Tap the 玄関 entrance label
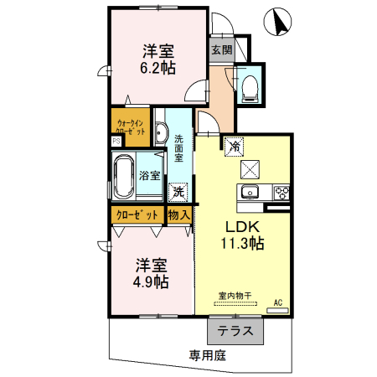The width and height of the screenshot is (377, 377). point(222,49)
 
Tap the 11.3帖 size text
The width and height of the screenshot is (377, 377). point(244,245)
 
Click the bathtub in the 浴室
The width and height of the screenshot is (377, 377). point(124,178)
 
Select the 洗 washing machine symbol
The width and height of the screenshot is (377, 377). point(178,192)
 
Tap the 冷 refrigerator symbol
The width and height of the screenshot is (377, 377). point(235,144)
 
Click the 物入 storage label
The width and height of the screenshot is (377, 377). point(179,214)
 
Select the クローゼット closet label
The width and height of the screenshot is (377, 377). point(137,214)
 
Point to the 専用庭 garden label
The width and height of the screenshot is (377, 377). point(207,354)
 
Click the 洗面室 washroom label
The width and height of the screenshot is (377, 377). point(178,150)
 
